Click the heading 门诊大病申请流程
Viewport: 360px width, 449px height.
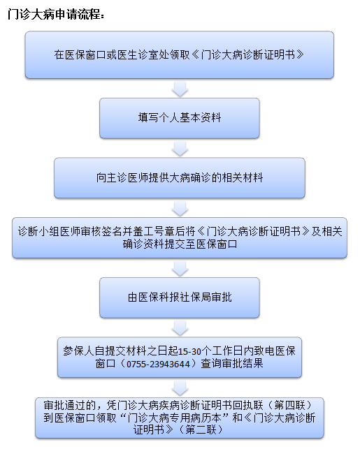(56, 14)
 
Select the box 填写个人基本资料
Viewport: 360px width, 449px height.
(180, 118)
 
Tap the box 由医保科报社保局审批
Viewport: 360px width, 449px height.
(180, 297)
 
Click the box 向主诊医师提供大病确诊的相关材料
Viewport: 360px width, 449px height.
(180, 178)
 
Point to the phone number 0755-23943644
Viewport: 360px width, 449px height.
(158, 364)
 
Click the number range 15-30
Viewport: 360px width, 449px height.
(189, 351)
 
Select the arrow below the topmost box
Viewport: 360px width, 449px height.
(180, 89)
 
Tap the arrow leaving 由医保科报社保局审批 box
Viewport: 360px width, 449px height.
(180, 328)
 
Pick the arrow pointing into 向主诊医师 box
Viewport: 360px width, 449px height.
(180, 149)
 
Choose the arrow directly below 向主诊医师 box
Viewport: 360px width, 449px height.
(180, 209)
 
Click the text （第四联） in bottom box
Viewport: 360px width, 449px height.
(289, 405)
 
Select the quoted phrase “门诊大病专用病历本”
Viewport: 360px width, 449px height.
(174, 418)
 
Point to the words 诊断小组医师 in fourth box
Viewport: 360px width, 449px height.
(49, 231)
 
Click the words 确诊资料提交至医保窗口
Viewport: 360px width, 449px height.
(180, 244)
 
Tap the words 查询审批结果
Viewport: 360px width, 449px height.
(232, 364)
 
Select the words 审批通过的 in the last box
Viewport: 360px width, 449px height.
(70, 405)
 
